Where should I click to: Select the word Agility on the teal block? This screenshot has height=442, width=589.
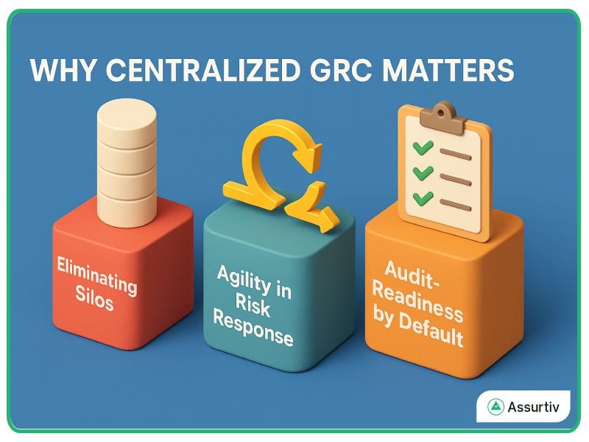point(242,278)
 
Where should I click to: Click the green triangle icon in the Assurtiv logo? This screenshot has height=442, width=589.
point(495,406)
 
